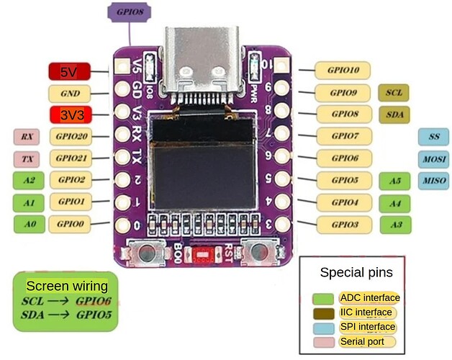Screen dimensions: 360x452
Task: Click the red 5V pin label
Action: coord(68,72)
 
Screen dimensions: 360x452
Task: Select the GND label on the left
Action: coord(70,94)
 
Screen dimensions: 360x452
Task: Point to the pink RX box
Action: coord(27,137)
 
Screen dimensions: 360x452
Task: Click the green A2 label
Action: coord(29,181)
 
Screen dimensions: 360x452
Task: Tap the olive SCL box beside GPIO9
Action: coord(393,93)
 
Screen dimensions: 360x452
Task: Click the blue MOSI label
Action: coord(433,158)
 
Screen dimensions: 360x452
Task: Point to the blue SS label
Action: coord(433,137)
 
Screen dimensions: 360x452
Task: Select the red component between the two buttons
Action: coord(204,254)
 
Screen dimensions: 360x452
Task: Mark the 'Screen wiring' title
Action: coord(67,286)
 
